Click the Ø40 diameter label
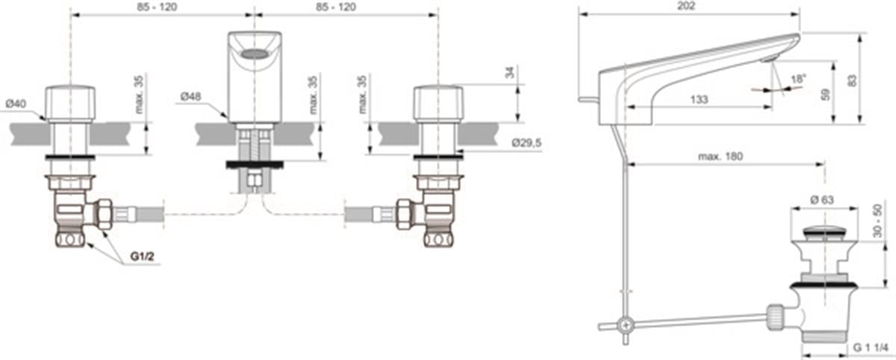(x=16, y=104)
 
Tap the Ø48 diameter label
(x=191, y=96)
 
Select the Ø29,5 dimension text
(x=526, y=143)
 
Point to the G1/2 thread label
(x=142, y=256)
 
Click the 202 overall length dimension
(x=686, y=5)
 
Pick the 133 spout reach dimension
(x=699, y=99)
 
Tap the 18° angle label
(x=797, y=79)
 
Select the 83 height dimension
(x=852, y=81)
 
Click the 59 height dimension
(x=825, y=95)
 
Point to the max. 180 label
(x=721, y=156)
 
